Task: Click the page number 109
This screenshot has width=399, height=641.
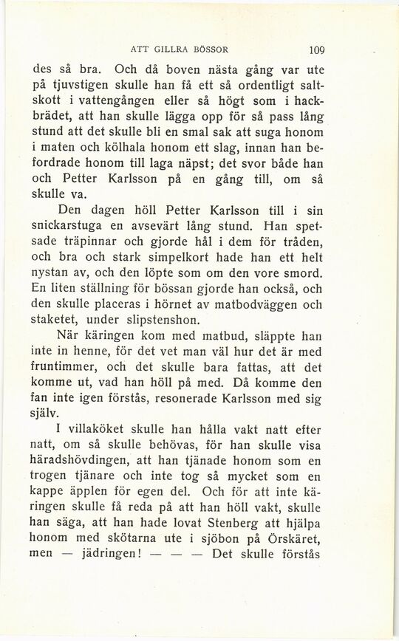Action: coord(317,51)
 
